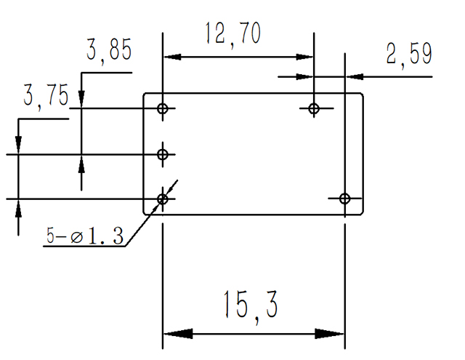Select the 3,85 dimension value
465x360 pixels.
[109, 51]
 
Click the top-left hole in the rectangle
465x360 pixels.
[163, 109]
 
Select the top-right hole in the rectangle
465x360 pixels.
[314, 109]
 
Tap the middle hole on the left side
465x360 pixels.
[163, 154]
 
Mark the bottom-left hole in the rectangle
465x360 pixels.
[163, 199]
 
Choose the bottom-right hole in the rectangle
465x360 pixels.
[344, 199]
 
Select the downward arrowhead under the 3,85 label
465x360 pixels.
[81, 100]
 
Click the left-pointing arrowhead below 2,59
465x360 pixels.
[356, 76]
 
